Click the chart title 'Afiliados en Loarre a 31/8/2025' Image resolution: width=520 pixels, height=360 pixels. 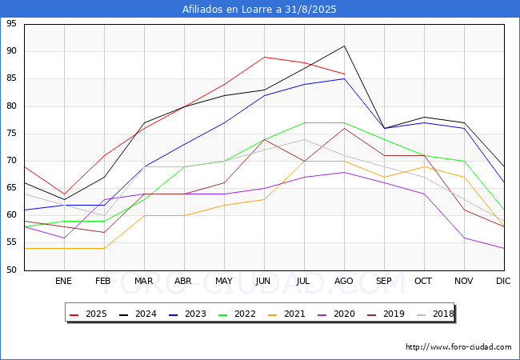(x=259, y=9)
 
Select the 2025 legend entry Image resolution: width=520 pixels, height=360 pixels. (x=88, y=314)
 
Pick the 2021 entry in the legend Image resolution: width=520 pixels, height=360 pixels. (x=286, y=314)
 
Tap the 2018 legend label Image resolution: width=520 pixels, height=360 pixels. (x=435, y=314)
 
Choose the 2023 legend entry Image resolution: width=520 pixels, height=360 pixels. (x=187, y=314)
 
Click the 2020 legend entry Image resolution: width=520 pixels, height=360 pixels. (x=336, y=314)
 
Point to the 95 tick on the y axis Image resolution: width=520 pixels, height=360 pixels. (x=11, y=23)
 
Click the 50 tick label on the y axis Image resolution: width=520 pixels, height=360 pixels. (x=11, y=270)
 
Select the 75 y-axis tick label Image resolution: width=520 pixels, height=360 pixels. (x=11, y=134)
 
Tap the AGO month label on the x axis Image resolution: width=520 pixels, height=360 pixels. (x=344, y=281)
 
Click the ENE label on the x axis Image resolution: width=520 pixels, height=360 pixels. (x=64, y=281)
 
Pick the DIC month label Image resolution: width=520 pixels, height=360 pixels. (x=503, y=281)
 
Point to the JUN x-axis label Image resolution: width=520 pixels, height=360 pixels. (x=263, y=281)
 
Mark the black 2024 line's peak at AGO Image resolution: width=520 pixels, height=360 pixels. (x=344, y=46)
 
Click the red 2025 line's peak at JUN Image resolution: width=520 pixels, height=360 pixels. (x=264, y=57)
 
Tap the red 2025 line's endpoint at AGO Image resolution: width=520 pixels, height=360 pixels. (x=344, y=74)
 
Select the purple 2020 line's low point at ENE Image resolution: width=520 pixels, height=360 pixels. (x=64, y=238)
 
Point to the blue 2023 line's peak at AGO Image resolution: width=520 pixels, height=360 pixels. (x=344, y=79)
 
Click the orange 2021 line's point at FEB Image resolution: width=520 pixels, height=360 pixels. (x=105, y=248)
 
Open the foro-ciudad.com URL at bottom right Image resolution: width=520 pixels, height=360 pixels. (x=458, y=347)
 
